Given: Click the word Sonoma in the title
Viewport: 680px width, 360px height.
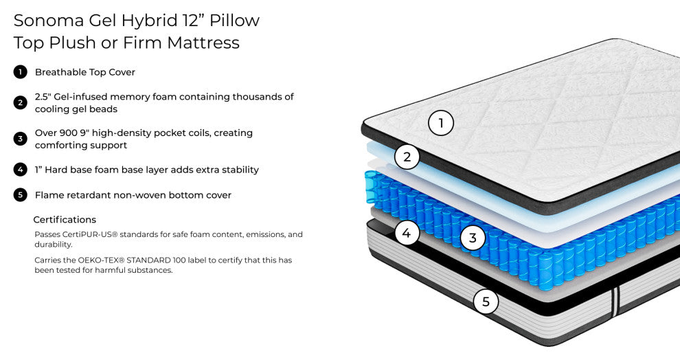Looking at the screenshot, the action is coord(49,21).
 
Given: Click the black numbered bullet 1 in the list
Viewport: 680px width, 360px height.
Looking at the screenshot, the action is coord(20,72).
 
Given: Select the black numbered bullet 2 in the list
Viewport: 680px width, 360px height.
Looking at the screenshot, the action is coord(20,103).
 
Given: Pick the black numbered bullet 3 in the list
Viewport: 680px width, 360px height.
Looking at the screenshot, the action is coord(20,139).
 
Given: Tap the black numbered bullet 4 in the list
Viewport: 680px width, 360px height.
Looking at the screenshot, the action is coord(20,170).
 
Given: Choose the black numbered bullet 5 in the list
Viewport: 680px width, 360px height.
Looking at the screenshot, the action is coord(20,195).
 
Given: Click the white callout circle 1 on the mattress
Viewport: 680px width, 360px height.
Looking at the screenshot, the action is coord(441,123).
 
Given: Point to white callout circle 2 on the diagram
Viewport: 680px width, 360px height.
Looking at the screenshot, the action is coord(407,157).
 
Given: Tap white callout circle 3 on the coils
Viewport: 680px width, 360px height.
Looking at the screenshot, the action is coord(473,238).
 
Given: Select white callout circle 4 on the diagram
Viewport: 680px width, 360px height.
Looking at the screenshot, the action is coord(407,233).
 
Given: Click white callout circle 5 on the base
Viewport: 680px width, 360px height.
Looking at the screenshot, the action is coord(486,301).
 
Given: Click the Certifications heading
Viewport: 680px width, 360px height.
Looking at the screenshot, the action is coord(65,219).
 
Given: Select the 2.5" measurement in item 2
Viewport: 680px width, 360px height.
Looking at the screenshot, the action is coord(43,97).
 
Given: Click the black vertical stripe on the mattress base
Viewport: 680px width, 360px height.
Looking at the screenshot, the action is coord(616,301).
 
